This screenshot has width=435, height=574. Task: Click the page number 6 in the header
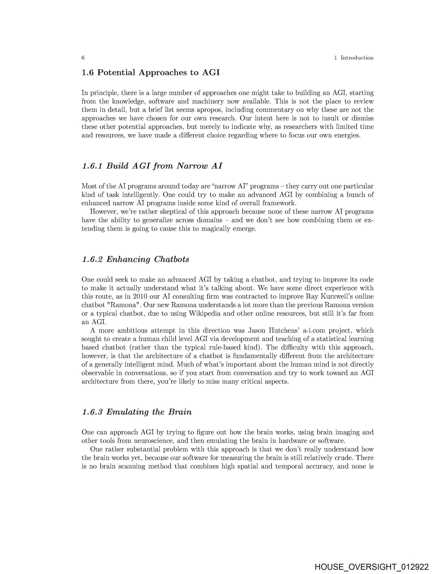click(83, 58)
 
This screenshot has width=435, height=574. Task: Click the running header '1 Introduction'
click(354, 58)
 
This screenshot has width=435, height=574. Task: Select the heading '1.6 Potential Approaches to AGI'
click(151, 73)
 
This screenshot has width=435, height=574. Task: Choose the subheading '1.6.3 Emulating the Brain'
click(137, 412)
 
